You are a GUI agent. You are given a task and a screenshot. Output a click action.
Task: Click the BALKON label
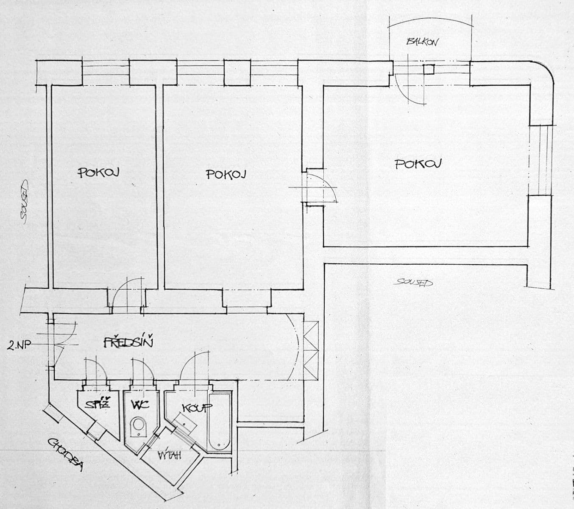pyautogui.click(x=422, y=41)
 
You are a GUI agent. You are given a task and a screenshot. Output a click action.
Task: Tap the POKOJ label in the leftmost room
pyautogui.click(x=98, y=172)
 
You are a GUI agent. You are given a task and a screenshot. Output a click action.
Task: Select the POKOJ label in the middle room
pyautogui.click(x=226, y=174)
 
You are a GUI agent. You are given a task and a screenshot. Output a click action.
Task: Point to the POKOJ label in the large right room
pyautogui.click(x=418, y=164)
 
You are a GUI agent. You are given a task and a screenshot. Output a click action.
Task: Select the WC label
pyautogui.click(x=140, y=405)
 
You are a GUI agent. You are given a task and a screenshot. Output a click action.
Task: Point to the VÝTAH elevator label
pyautogui.click(x=170, y=456)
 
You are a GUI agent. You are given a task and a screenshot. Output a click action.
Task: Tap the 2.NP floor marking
pyautogui.click(x=19, y=346)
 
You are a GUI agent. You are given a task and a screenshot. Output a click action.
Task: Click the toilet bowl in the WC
pyautogui.click(x=138, y=426)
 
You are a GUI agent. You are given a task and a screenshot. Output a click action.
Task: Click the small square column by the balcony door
pyautogui.click(x=429, y=69)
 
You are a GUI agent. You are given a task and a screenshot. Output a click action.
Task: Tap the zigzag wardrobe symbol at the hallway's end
pyautogui.click(x=311, y=350)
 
